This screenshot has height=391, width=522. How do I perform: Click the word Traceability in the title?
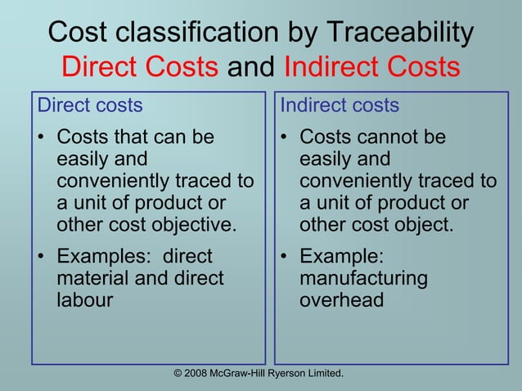click(400, 33)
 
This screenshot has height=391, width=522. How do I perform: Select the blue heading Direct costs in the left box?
click(91, 106)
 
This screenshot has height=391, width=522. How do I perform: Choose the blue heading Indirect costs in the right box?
click(340, 106)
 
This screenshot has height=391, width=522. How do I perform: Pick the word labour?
click(84, 299)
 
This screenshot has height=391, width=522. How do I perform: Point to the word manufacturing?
click(363, 278)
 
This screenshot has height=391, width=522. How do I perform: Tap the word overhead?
click(341, 299)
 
